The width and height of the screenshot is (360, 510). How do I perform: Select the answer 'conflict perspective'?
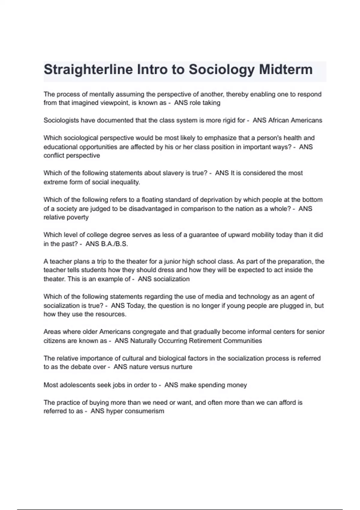(x=72, y=155)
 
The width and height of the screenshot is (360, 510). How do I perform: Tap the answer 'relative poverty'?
(x=66, y=217)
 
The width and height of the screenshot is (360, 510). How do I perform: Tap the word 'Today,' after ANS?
(x=137, y=306)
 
